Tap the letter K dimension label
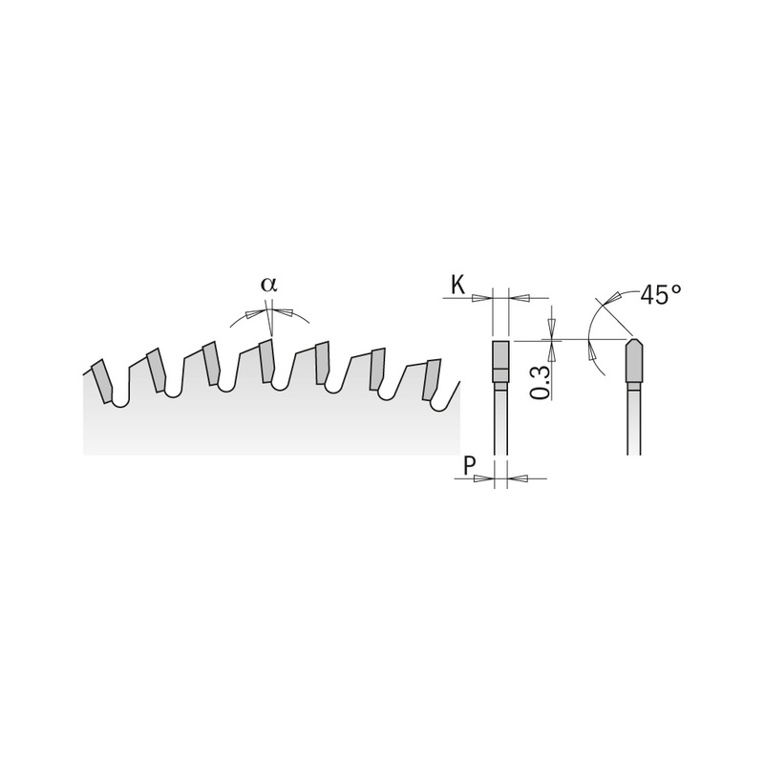pyautogui.click(x=458, y=283)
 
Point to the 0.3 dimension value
pyautogui.click(x=540, y=381)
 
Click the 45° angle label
pyautogui.click(x=660, y=294)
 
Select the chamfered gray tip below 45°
pyautogui.click(x=634, y=361)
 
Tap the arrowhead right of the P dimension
pyautogui.click(x=516, y=477)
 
